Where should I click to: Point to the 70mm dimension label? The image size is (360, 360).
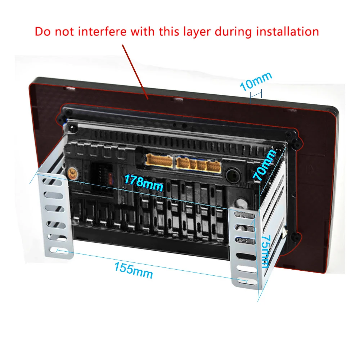pyautogui.click(x=265, y=165)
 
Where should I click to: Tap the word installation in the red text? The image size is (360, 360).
pyautogui.click(x=283, y=31)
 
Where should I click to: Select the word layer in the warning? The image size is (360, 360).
pyautogui.click(x=197, y=32)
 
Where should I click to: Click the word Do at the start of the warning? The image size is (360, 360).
pyautogui.click(x=42, y=31)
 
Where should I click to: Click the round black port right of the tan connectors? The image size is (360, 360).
pyautogui.click(x=233, y=176)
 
